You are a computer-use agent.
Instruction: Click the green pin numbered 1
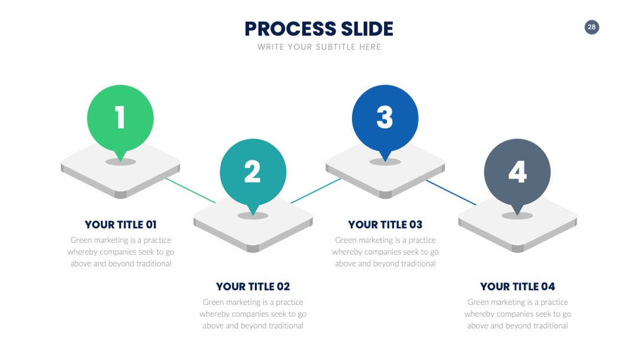(x=120, y=118)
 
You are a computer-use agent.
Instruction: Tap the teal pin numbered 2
(x=253, y=172)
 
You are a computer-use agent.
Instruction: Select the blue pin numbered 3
(x=385, y=118)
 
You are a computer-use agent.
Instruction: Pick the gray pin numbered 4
(x=518, y=172)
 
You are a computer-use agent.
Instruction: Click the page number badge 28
(x=592, y=27)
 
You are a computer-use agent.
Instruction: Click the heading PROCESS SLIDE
(x=319, y=29)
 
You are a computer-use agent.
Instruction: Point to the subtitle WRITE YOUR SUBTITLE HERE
(x=319, y=47)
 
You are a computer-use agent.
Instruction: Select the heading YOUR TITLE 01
(x=121, y=224)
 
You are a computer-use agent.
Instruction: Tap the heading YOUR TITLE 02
(x=253, y=287)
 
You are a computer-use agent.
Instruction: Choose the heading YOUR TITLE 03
(x=385, y=224)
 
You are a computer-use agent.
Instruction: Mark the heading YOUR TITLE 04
(x=518, y=287)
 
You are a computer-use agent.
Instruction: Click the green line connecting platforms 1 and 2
(x=191, y=191)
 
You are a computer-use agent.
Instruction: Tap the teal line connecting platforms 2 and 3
(x=316, y=191)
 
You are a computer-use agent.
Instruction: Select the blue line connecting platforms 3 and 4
(x=451, y=192)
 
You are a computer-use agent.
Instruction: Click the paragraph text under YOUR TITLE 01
(x=121, y=252)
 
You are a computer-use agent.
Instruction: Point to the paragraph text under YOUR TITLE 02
(x=253, y=314)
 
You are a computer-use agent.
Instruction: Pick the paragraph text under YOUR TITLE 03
(x=385, y=252)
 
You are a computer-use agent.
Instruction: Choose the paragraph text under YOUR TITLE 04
(x=518, y=314)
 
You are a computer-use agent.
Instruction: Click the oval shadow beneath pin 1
(x=121, y=162)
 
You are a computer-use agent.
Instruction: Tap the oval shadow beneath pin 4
(x=518, y=216)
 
